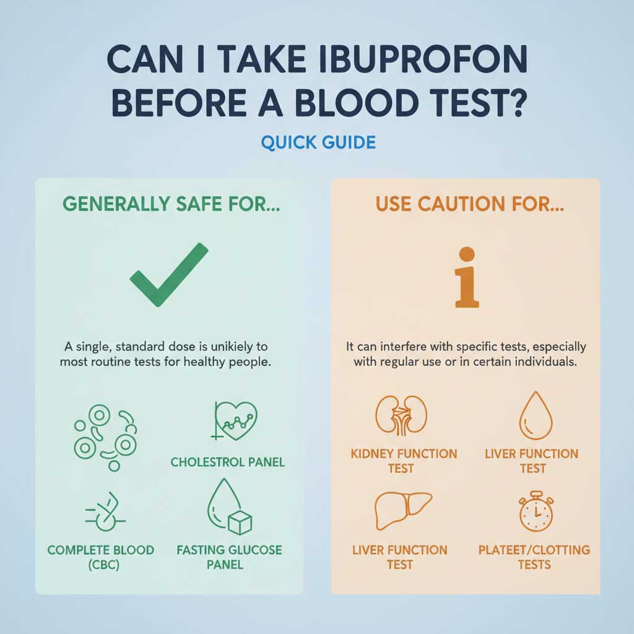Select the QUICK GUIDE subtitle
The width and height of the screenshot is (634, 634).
click(318, 142)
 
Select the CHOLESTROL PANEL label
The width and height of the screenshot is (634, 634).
click(228, 462)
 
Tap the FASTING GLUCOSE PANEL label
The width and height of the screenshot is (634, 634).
click(229, 557)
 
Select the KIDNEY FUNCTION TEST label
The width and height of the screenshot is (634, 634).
click(404, 461)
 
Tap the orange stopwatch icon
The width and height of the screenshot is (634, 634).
click(533, 512)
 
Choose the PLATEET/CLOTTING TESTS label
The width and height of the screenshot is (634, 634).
click(534, 557)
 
